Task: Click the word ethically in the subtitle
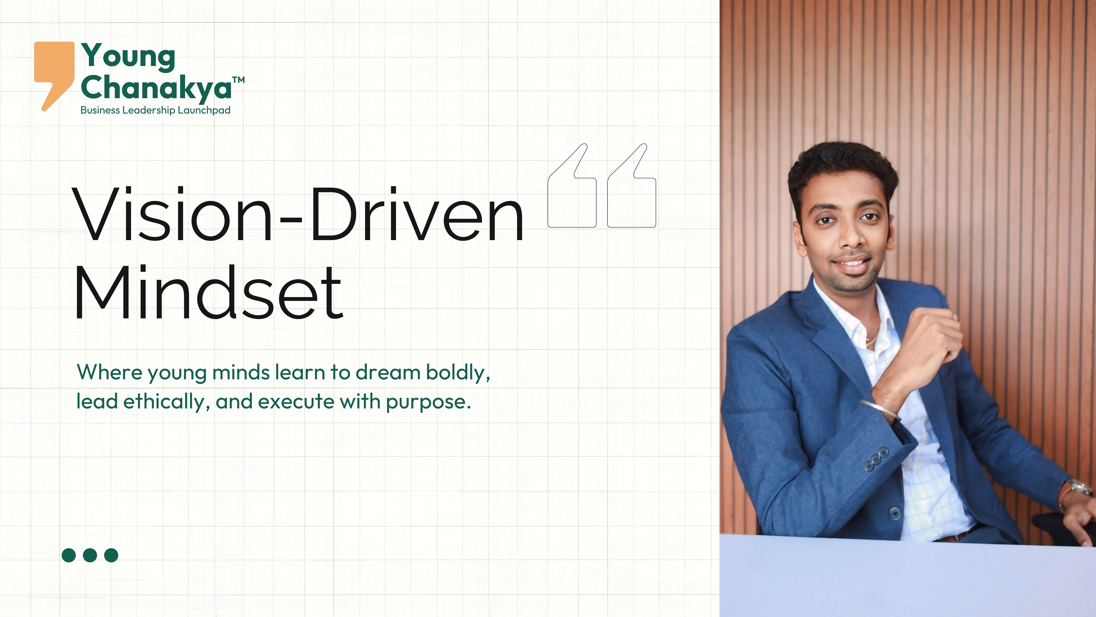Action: (164, 401)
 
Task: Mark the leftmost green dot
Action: (69, 555)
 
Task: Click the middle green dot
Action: (90, 555)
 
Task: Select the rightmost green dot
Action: (111, 555)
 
